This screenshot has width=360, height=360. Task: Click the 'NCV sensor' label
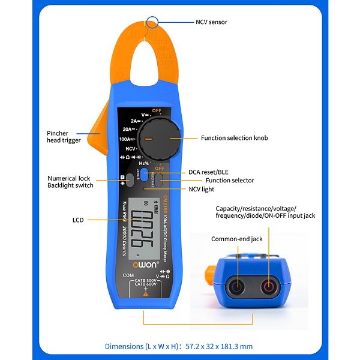click(x=211, y=22)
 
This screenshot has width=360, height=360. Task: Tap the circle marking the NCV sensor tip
click(x=153, y=22)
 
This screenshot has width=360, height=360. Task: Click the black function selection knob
click(x=158, y=138)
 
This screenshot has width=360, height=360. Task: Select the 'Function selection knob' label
click(x=234, y=138)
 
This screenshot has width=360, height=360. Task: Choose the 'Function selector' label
click(x=230, y=180)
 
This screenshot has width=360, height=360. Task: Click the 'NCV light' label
click(x=217, y=189)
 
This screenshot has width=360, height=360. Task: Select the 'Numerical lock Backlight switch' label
click(x=71, y=182)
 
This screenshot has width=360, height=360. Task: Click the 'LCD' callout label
click(x=79, y=220)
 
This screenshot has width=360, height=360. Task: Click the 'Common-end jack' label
click(x=237, y=239)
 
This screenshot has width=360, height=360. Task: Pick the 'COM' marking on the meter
click(x=128, y=275)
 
